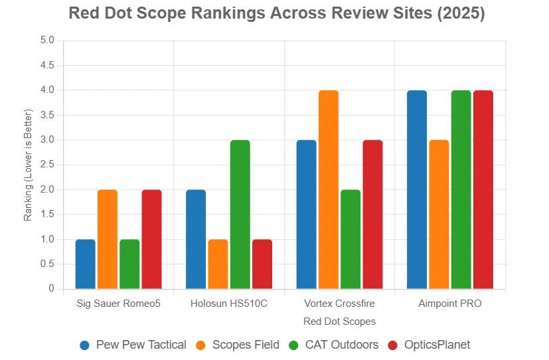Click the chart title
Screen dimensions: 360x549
tap(277, 13)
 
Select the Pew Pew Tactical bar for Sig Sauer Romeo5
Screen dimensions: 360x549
tap(86, 264)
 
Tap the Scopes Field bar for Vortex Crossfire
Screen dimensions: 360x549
tap(329, 190)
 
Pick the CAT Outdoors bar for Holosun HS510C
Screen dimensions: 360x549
tap(240, 215)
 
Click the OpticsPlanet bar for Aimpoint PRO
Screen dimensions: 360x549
tap(483, 190)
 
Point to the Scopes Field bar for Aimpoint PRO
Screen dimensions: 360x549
tap(439, 215)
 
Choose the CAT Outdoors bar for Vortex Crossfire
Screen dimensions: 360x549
tap(351, 239)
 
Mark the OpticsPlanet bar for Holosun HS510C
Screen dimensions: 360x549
tap(262, 264)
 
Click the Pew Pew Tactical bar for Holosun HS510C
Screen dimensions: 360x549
tap(196, 239)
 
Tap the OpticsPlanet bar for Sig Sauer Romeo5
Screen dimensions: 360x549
tap(151, 239)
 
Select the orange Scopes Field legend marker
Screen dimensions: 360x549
tap(200, 345)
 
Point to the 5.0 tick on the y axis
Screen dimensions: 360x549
tap(46, 41)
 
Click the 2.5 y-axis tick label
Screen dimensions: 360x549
tap(46, 165)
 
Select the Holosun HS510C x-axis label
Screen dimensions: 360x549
tap(229, 304)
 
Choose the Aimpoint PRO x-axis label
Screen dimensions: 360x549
tap(450, 304)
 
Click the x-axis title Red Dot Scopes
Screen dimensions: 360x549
tap(339, 321)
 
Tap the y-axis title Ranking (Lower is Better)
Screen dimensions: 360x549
tap(28, 165)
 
